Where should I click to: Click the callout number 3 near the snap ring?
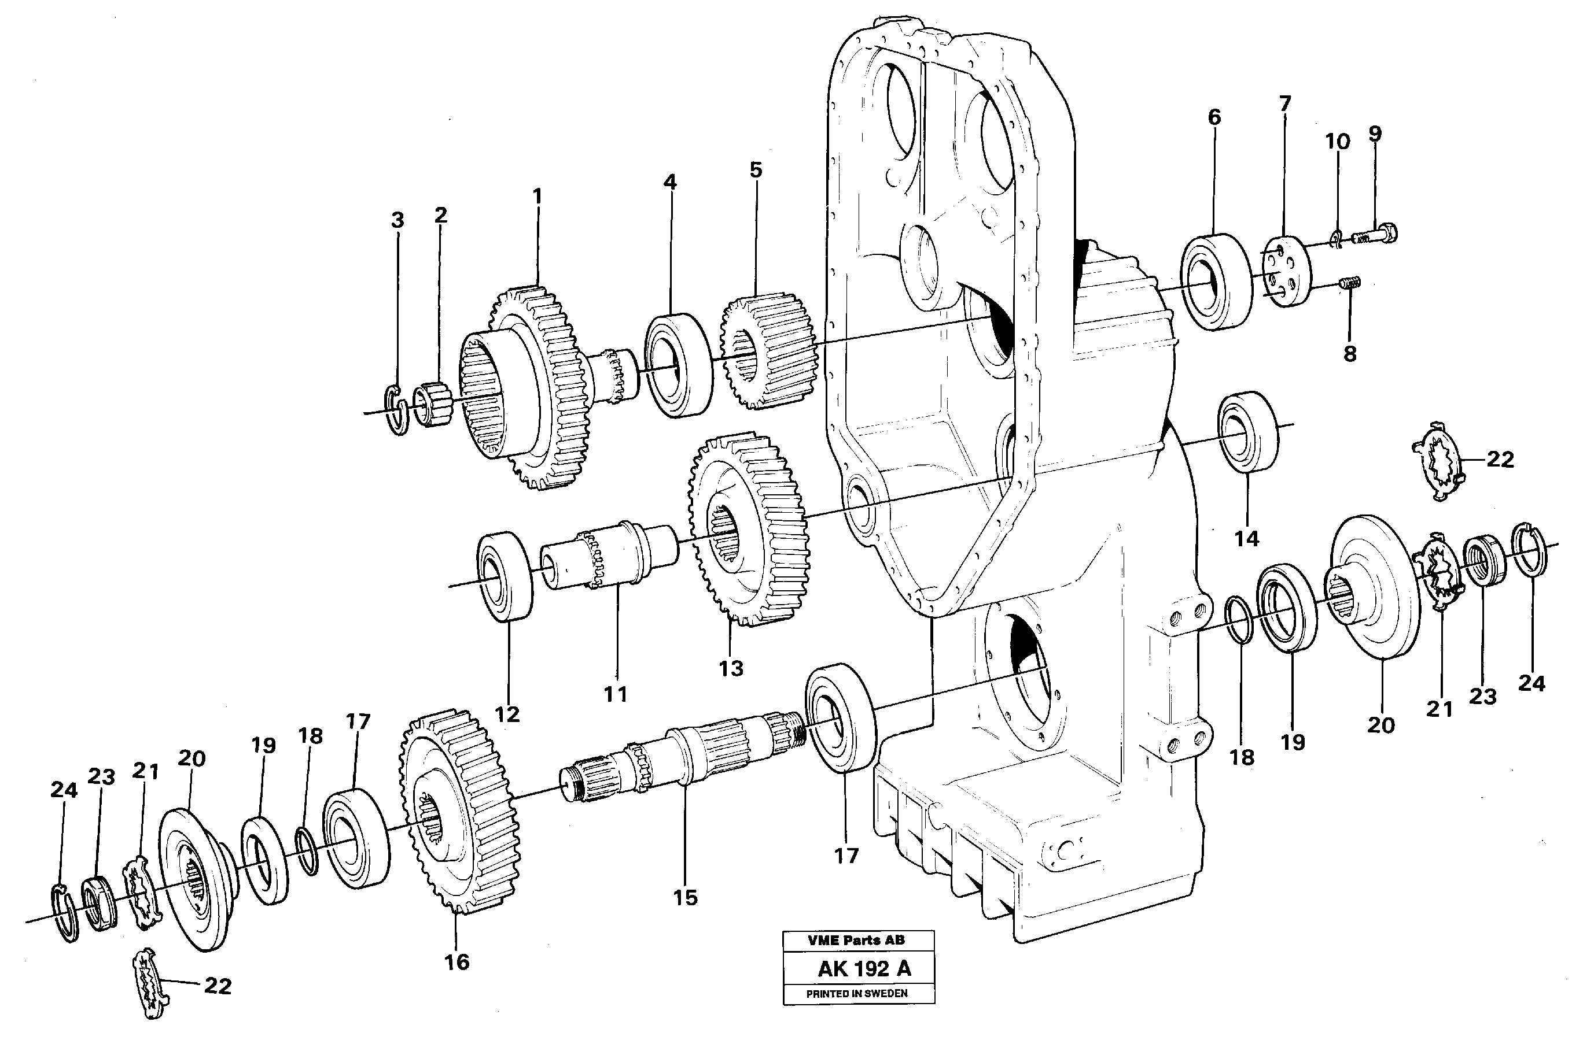coord(397,220)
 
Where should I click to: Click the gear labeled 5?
coord(769,350)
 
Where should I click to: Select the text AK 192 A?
coord(864,969)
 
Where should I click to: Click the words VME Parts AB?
coord(856,941)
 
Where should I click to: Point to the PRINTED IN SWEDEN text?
coord(856,994)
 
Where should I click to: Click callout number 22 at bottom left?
coord(217,986)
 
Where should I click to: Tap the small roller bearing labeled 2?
coord(432,404)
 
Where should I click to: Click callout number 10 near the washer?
coord(1337,142)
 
